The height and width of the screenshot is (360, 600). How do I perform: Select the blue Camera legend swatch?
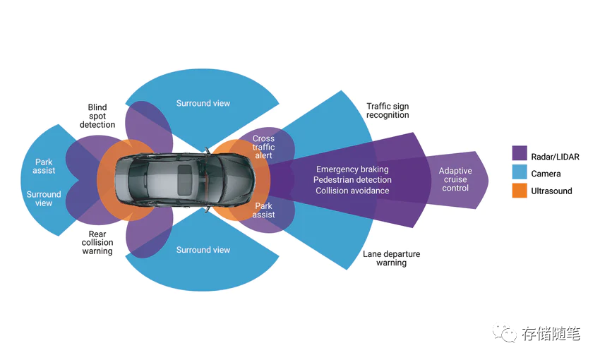click(520, 173)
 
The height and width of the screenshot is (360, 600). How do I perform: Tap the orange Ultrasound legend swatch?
click(520, 191)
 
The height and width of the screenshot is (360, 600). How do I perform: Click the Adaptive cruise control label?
click(455, 179)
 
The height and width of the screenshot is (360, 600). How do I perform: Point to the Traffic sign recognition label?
click(388, 111)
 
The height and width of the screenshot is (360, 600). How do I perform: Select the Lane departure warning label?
click(391, 258)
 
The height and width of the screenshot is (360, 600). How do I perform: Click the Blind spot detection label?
click(97, 116)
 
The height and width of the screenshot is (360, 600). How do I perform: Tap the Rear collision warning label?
click(97, 242)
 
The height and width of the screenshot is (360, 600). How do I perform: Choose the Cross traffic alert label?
click(263, 147)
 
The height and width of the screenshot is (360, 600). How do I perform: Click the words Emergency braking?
click(352, 169)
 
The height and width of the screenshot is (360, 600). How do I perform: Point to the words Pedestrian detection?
click(352, 180)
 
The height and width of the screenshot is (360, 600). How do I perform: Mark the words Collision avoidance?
click(352, 191)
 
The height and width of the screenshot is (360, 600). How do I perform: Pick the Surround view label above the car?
click(203, 104)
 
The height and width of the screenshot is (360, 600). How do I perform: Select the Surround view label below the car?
click(203, 250)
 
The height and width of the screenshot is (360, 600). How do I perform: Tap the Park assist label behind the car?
click(44, 167)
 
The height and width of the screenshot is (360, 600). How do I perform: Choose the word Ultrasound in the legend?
click(551, 191)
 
